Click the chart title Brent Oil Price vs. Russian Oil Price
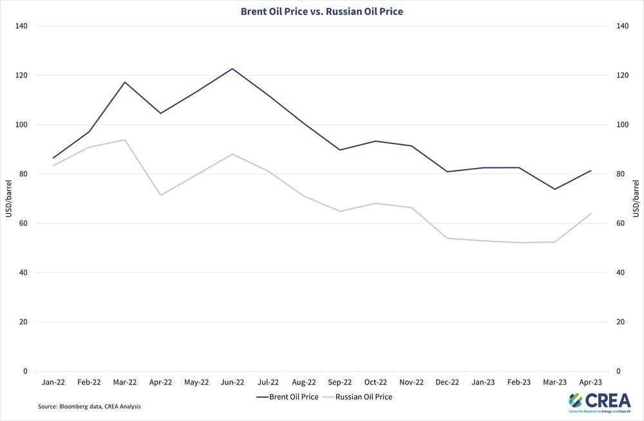click(x=321, y=11)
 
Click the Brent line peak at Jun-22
click(x=232, y=68)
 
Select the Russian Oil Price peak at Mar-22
click(x=125, y=140)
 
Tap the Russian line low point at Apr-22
click(x=160, y=195)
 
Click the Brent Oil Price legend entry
click(x=287, y=397)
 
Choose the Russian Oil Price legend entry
click(x=359, y=397)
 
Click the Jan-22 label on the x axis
click(x=53, y=382)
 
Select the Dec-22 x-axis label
click(x=448, y=382)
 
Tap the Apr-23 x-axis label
click(x=591, y=382)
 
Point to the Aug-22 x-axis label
click(x=304, y=382)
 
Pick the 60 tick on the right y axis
click(x=621, y=223)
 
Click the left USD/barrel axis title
click(x=9, y=198)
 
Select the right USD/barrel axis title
click(x=636, y=198)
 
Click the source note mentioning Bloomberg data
click(x=89, y=407)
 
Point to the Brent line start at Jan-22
click(x=53, y=158)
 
